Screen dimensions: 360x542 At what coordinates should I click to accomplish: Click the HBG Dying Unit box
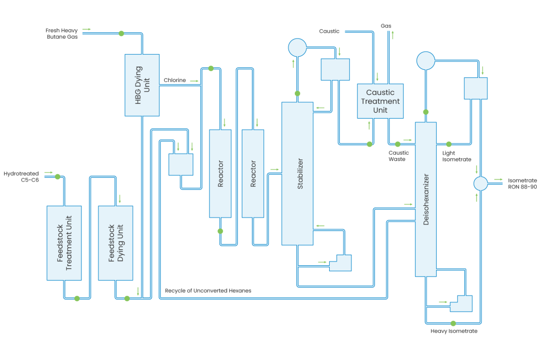pos(142,85)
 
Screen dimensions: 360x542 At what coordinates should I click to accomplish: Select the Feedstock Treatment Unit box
pos(64,243)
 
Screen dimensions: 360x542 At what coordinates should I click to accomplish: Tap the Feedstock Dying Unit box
pos(115,243)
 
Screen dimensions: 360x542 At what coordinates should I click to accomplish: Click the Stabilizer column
pos(297,173)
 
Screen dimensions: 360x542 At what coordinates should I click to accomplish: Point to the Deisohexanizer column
pos(426,199)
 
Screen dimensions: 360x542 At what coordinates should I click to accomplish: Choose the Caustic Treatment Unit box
pos(380,101)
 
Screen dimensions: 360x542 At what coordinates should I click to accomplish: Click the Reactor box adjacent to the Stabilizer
pos(253,173)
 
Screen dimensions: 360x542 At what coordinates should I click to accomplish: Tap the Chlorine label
pos(174,80)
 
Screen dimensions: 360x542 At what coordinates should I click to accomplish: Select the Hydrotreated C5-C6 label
pos(21,176)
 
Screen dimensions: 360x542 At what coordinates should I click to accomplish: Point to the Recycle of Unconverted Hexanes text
pos(207,291)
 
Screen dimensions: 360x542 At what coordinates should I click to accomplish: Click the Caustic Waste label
pos(399,156)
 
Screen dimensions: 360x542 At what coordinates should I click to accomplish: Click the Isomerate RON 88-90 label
pos(522,183)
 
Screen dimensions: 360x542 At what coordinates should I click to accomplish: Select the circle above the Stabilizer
pos(297,47)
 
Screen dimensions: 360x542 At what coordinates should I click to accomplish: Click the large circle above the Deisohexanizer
pos(425,60)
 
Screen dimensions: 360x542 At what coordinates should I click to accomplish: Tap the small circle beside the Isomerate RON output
pos(480,183)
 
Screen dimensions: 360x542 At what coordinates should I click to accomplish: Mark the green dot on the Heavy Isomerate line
pos(453,323)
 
